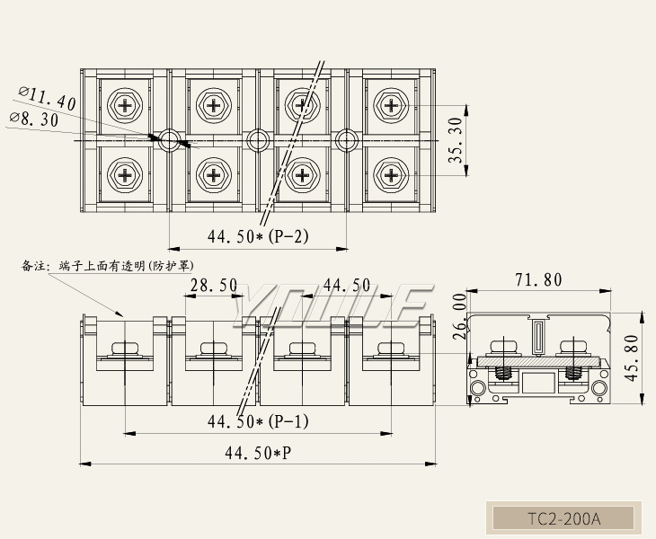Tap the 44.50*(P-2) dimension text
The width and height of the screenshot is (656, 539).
coord(258,237)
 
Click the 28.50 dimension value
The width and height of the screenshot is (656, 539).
coord(213,286)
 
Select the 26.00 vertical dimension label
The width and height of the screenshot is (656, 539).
coord(459,314)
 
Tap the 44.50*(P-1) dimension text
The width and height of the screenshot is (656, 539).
coord(258,420)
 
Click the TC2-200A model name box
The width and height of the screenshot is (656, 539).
coord(563,518)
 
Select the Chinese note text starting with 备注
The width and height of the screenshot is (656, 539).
coord(108,266)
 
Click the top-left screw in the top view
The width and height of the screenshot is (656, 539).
coord(125,105)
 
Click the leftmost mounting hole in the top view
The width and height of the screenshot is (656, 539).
coord(169,139)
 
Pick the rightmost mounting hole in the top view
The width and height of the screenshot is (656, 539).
coord(346,139)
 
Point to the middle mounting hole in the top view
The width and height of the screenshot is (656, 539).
coord(258,139)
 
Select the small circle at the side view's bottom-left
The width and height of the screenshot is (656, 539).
coord(477,388)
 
